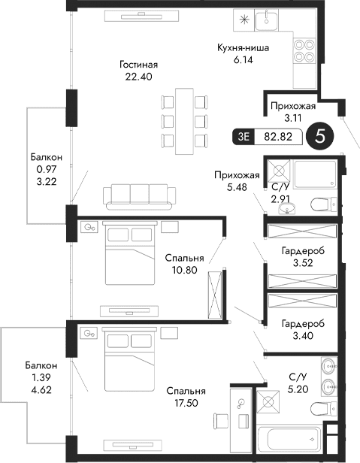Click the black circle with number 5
[x=320, y=137]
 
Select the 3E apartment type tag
[x=243, y=137]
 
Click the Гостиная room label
[x=138, y=65]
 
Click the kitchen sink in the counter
[x=267, y=21]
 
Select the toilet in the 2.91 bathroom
[x=322, y=202]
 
